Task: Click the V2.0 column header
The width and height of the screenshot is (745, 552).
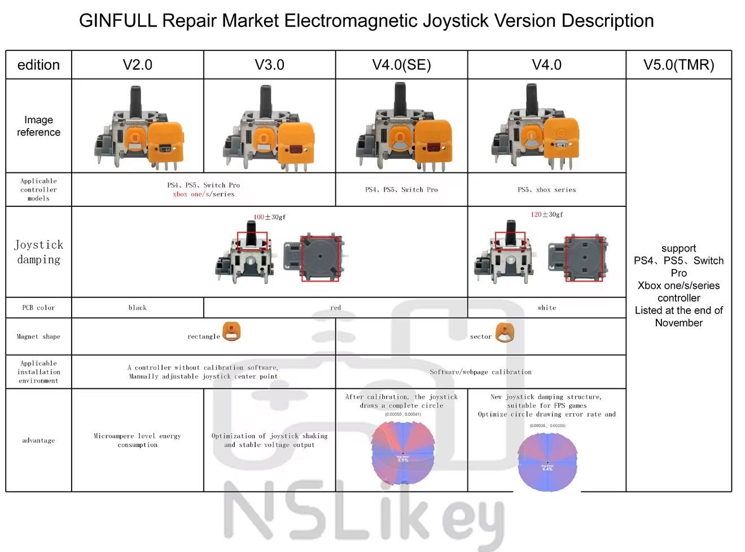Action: coord(137,65)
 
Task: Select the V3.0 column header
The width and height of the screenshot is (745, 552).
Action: coord(269,65)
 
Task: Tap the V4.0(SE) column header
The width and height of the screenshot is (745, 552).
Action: coord(401,65)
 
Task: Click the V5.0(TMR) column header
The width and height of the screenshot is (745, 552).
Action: coord(678,65)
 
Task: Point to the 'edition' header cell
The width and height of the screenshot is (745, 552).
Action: coord(38,65)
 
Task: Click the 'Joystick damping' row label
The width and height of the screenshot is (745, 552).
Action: coord(38,252)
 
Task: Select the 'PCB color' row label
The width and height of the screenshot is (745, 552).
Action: coord(38,308)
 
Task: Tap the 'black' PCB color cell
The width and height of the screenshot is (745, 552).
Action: coord(137,308)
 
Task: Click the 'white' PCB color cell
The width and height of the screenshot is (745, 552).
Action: coord(546,308)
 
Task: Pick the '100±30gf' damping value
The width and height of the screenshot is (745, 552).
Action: coord(269,217)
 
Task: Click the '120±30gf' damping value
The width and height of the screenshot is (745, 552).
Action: coord(546,215)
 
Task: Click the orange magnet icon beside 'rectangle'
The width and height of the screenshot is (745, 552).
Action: coord(231,332)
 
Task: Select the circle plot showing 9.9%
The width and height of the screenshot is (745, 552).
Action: coord(402,454)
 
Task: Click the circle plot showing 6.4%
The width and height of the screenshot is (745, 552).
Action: coord(547,462)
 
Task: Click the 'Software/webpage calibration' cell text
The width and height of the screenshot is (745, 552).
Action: coord(480,372)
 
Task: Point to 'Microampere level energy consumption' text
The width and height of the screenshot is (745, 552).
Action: coord(137,440)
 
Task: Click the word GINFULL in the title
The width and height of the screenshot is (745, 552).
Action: coord(118,21)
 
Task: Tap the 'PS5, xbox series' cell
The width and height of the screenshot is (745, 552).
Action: coord(546,190)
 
